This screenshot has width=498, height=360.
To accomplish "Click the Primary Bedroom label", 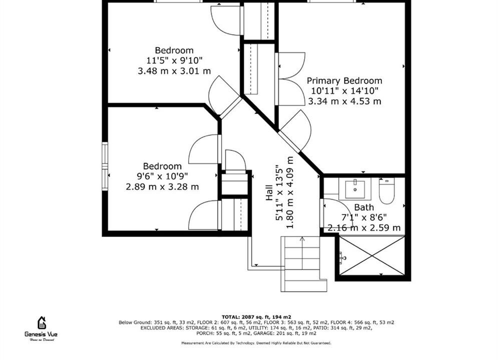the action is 344,80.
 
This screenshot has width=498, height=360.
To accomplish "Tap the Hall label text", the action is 269,192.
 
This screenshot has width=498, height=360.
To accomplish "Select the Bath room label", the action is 364,207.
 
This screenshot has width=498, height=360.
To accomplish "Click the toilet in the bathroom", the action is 387,191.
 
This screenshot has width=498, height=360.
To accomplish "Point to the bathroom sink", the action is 355,188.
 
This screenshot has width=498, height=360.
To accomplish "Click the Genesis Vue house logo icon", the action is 42,323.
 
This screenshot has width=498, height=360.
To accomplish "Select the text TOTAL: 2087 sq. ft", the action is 252,317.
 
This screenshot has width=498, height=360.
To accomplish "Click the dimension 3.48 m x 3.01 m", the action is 174,70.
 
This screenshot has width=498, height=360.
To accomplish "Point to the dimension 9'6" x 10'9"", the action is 162,176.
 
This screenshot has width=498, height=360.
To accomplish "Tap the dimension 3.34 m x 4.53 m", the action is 345,101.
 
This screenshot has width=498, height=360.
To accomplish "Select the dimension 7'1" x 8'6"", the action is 364,217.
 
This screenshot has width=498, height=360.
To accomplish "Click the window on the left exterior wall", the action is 105,166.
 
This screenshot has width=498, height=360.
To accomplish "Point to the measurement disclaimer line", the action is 256,343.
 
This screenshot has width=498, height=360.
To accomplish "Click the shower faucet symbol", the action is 342,258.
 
